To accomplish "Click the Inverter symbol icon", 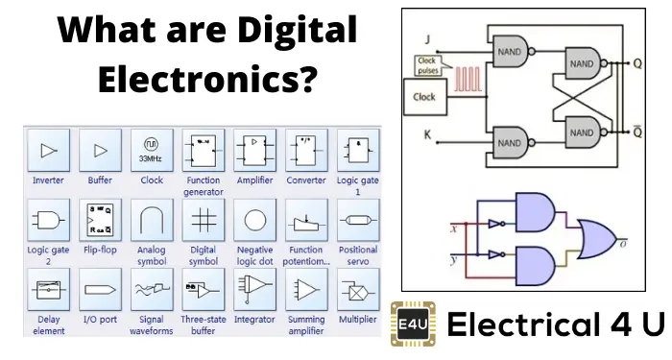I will [x=48, y=151].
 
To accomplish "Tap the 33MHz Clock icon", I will [x=151, y=151].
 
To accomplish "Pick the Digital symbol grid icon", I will [x=203, y=220].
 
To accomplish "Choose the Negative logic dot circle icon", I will [x=254, y=220].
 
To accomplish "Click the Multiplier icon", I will [x=357, y=289].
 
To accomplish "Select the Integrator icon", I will [x=254, y=289].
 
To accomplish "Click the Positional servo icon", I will [x=357, y=220].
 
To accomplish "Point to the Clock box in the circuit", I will [x=424, y=97].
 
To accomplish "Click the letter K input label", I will [x=426, y=135].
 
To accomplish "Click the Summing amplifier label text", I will [x=305, y=324].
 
